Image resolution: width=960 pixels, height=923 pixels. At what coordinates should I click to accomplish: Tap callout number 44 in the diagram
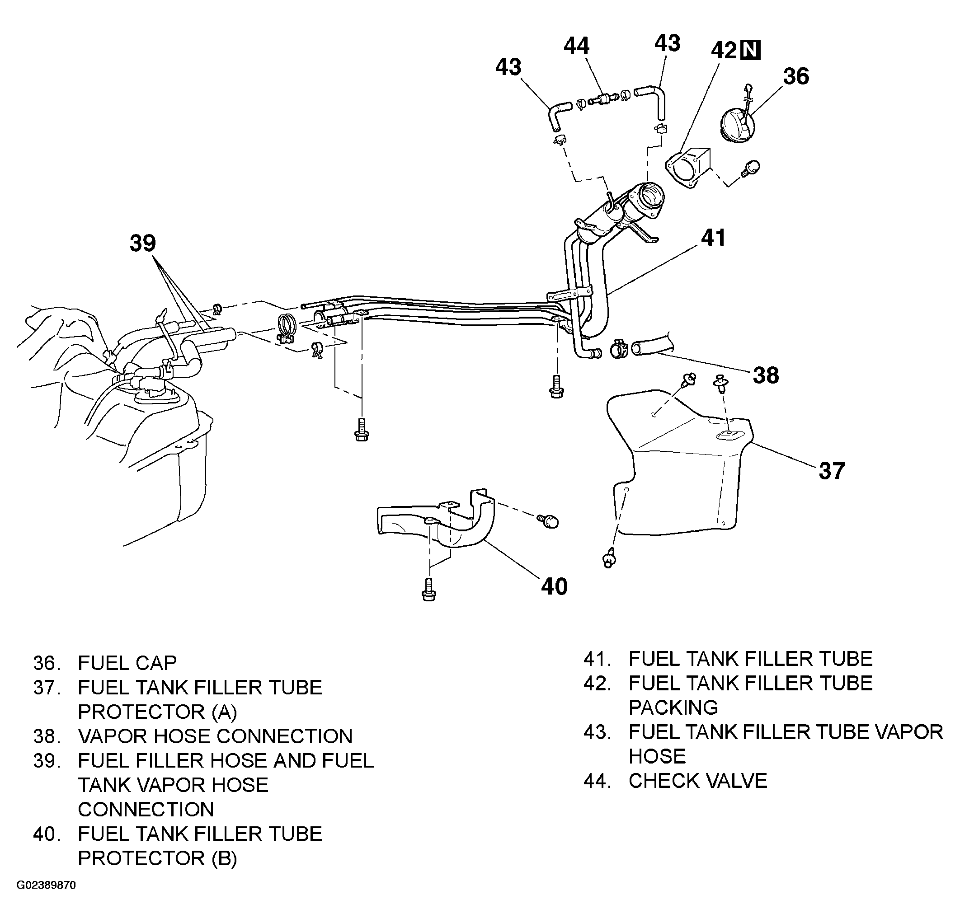click(x=576, y=47)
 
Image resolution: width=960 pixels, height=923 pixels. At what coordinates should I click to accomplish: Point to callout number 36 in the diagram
click(x=796, y=76)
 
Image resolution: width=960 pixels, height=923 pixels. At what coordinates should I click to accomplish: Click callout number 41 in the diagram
click(x=713, y=238)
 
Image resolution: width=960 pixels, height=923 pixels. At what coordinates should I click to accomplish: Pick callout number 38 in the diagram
click(x=766, y=375)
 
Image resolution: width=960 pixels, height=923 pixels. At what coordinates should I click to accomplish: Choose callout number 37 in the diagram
click(x=832, y=471)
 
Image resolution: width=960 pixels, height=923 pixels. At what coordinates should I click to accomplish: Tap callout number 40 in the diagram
click(x=554, y=586)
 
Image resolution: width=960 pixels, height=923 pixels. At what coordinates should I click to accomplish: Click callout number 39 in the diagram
click(x=142, y=244)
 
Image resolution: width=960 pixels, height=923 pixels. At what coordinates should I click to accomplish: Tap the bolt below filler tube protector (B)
click(x=428, y=589)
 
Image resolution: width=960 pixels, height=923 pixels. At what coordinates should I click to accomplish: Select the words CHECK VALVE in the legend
click(x=698, y=781)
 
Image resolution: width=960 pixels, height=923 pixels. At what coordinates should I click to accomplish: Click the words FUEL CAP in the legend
click(x=127, y=662)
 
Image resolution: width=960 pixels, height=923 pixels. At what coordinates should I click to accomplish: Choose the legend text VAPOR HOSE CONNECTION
click(x=216, y=736)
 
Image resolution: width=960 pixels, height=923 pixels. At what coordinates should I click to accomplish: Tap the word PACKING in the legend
click(x=673, y=707)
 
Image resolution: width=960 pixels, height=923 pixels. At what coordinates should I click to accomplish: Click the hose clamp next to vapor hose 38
click(x=620, y=348)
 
